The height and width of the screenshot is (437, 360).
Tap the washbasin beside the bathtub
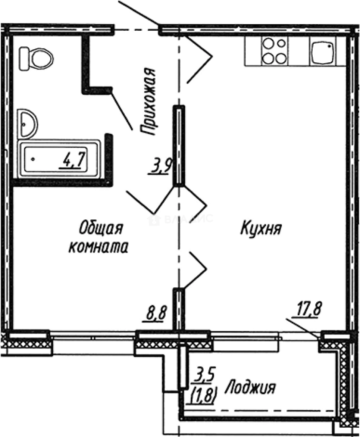point(28,123)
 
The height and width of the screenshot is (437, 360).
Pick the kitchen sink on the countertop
point(323,52)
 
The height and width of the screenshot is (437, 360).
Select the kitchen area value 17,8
point(306,312)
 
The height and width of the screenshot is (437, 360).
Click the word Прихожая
point(148,102)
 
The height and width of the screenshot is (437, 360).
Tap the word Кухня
point(261,229)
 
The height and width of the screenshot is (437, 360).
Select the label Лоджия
point(250,388)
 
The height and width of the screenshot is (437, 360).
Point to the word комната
point(98,247)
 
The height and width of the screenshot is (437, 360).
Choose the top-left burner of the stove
point(268,44)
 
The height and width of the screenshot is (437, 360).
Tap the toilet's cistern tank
point(25,58)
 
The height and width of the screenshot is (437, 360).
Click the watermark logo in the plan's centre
point(154,220)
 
